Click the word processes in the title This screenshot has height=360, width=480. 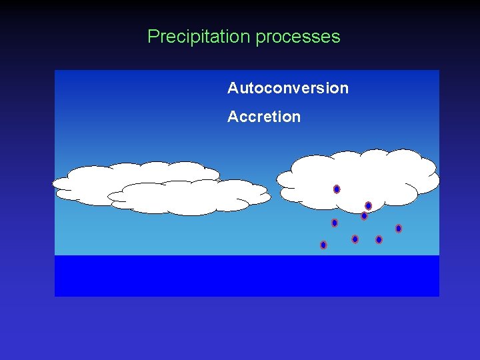click(297, 37)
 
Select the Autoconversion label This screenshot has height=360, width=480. click(287, 88)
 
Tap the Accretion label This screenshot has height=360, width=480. click(263, 117)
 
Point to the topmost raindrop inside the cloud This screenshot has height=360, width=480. click(337, 189)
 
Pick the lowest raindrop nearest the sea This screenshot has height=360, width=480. click(323, 245)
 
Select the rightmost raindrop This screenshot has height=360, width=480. click(399, 229)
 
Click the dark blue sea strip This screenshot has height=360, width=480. click(247, 275)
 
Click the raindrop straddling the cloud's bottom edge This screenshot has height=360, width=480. click(364, 215)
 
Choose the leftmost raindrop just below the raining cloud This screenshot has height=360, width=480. click(335, 223)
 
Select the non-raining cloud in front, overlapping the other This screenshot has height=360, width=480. click(190, 197)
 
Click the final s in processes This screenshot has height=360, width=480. click(336, 37)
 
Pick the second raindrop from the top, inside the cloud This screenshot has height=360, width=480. click(368, 206)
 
